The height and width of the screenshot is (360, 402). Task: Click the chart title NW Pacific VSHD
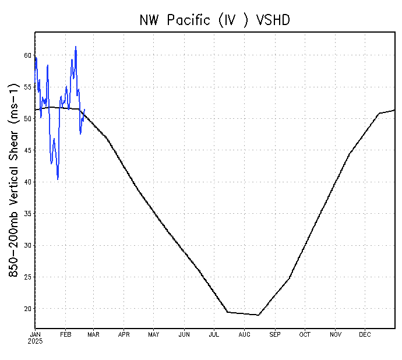tap(215, 20)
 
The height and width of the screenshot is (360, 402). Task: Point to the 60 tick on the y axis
tap(27, 56)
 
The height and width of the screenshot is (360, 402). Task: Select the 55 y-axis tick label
tap(27, 87)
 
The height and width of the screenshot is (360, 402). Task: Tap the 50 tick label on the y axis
tap(27, 119)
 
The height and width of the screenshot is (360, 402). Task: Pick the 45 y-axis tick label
tap(27, 150)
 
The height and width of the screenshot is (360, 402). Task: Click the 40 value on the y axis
tap(27, 182)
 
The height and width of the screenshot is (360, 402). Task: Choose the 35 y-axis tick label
tap(27, 214)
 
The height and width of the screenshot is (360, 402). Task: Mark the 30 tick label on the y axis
tap(27, 245)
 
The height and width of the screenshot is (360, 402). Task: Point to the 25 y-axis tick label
tap(27, 277)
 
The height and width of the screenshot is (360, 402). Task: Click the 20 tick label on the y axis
tap(27, 309)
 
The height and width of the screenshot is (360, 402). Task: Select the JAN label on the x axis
tap(36, 334)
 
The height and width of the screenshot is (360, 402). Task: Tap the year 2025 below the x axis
tap(36, 341)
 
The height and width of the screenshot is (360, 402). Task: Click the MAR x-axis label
tap(93, 334)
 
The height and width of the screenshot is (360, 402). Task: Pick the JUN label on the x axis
tap(184, 334)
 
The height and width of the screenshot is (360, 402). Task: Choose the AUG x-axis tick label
tap(245, 334)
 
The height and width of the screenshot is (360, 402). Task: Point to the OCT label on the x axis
tap(305, 334)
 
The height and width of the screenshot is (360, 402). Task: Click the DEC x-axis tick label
tap(365, 334)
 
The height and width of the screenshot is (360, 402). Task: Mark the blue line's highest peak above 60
tap(76, 47)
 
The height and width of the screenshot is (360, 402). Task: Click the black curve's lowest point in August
tap(258, 315)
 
